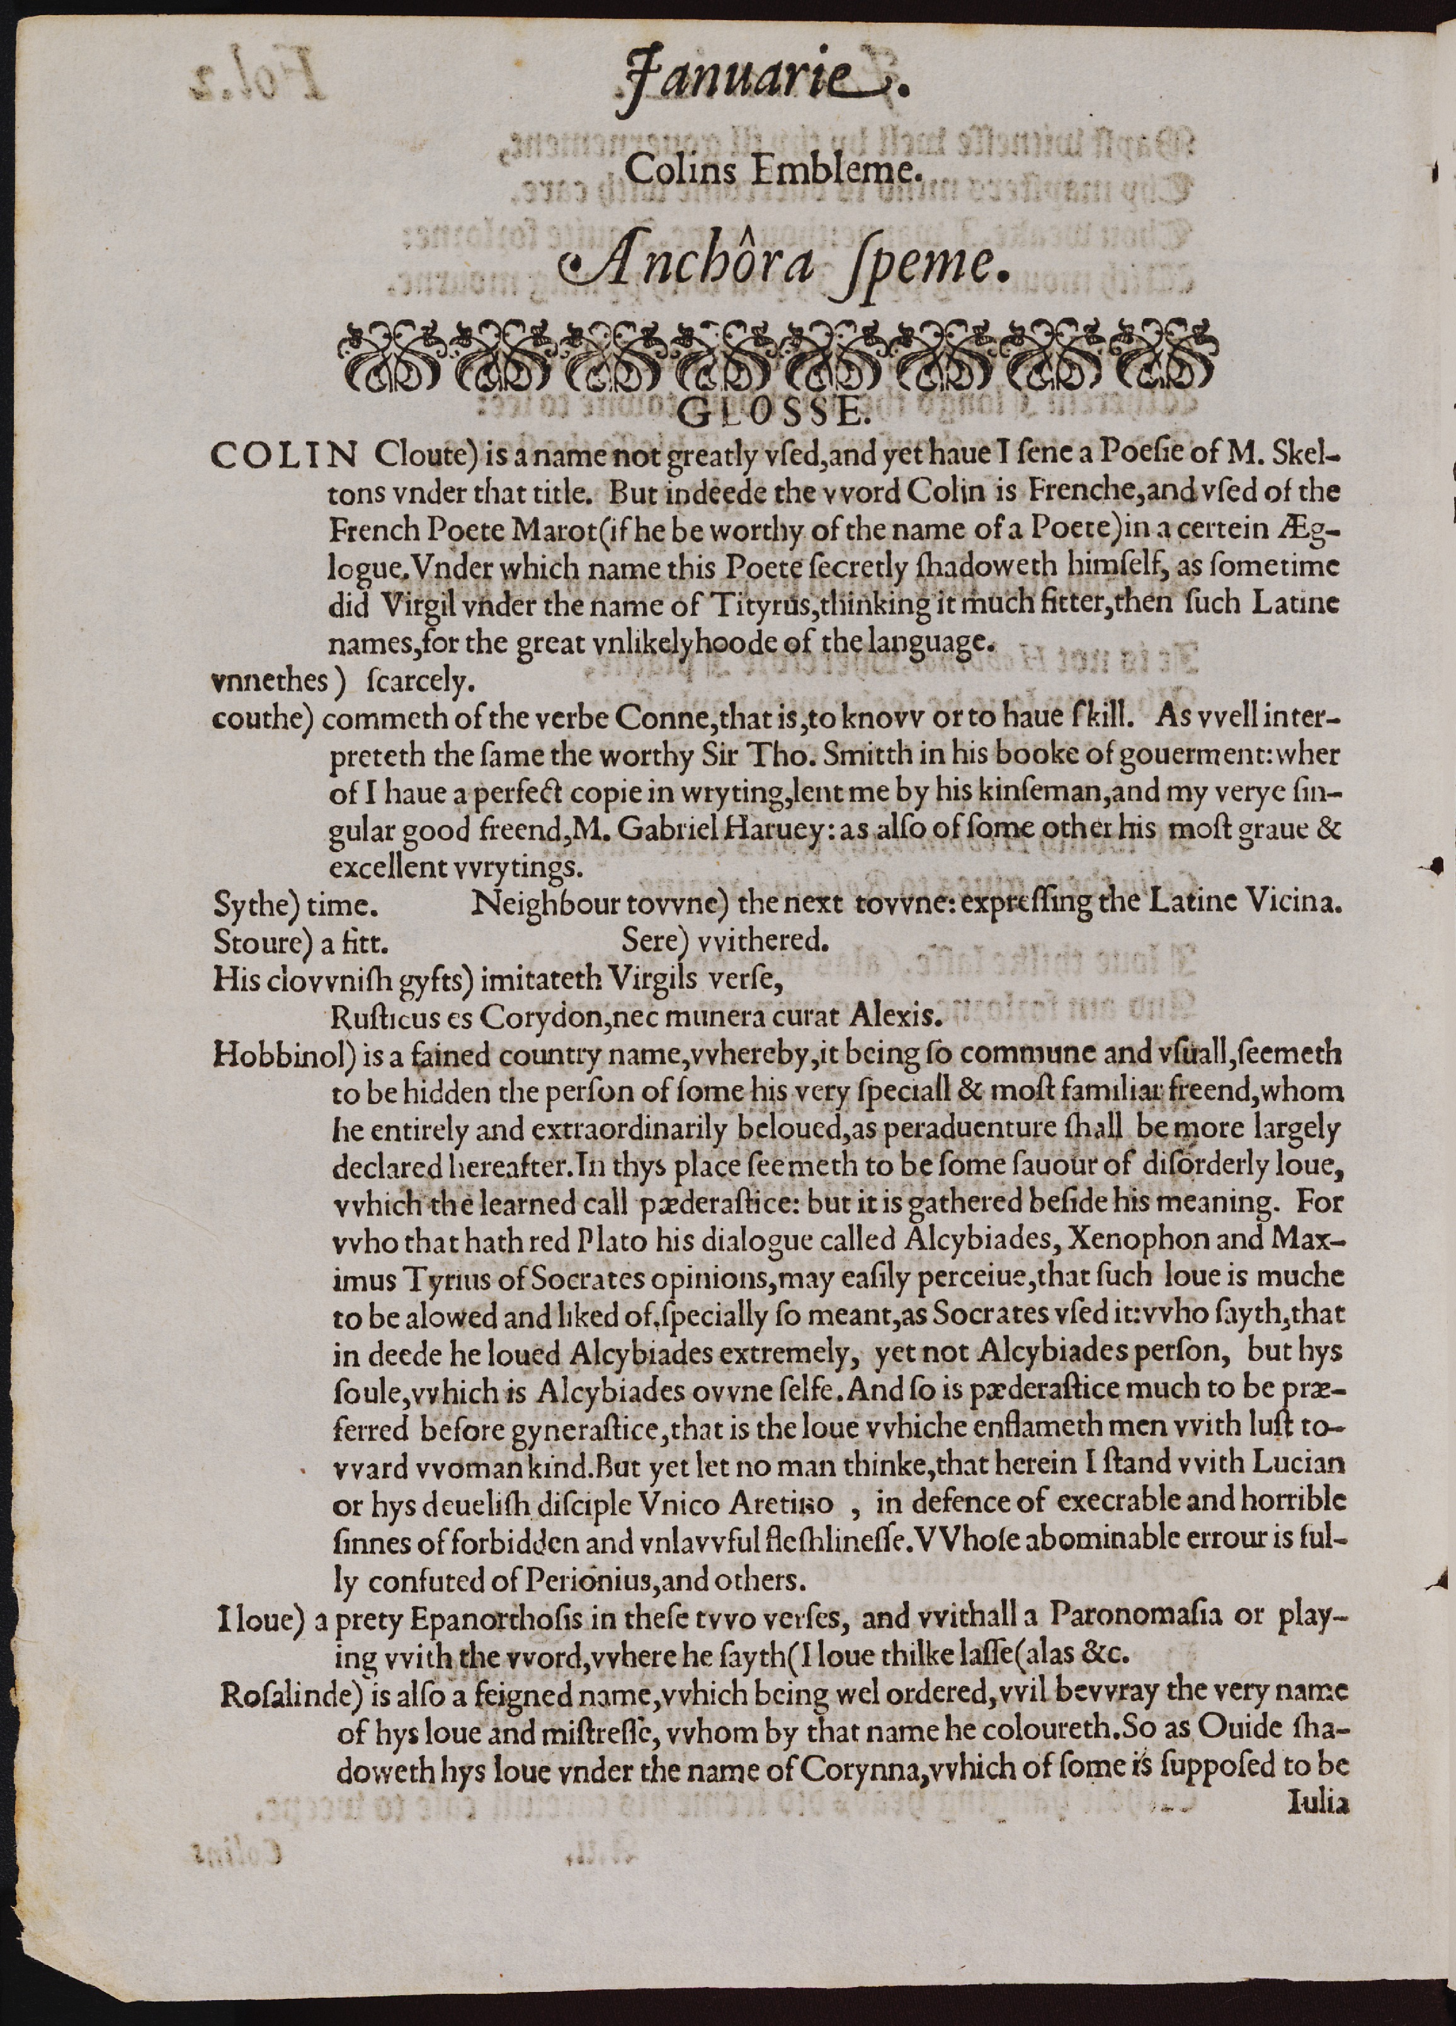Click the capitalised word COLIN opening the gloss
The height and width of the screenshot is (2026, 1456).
pos(283,455)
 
